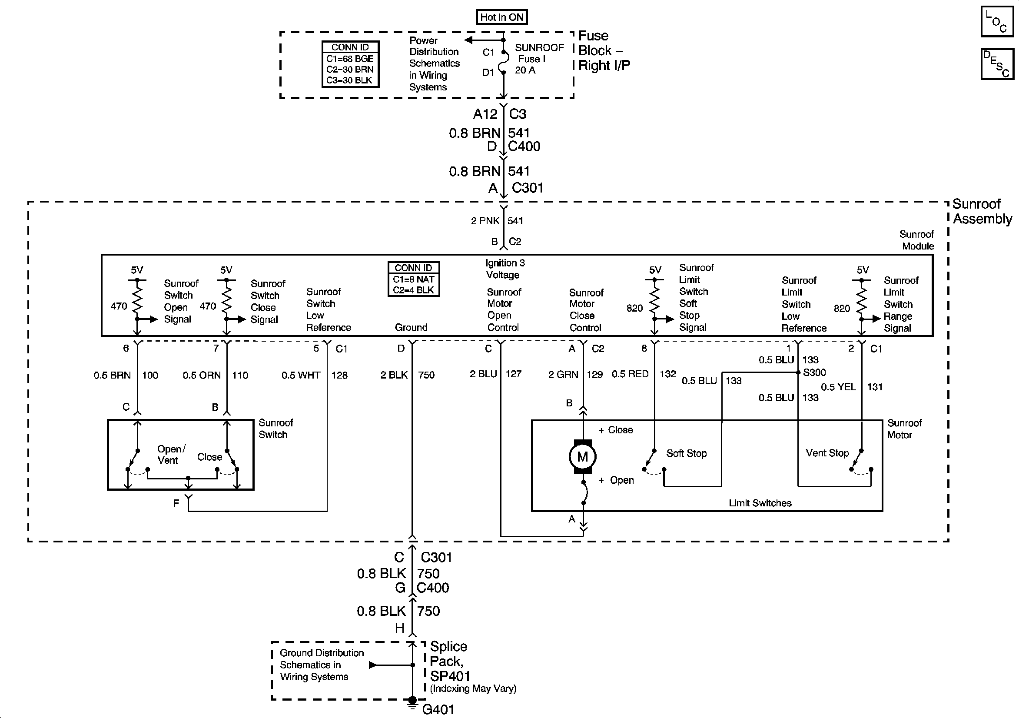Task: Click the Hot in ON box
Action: point(501,17)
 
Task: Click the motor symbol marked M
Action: point(582,456)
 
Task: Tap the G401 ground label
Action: point(438,710)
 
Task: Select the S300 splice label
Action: point(814,372)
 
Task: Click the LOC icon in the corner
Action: point(996,21)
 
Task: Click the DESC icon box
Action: point(996,64)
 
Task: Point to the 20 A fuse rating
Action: point(525,70)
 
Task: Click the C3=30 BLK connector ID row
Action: point(350,80)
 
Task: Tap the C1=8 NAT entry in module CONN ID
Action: point(413,279)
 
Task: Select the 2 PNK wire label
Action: point(485,221)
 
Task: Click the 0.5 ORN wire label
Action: point(202,375)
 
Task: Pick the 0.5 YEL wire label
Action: point(838,387)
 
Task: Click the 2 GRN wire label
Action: point(563,374)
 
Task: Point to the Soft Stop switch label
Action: point(686,453)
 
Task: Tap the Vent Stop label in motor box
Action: point(827,453)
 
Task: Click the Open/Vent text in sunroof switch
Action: point(171,454)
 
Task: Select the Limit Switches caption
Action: point(760,503)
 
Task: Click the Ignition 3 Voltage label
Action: point(505,269)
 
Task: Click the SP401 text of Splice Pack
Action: point(450,676)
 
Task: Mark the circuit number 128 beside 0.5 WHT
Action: point(339,375)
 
